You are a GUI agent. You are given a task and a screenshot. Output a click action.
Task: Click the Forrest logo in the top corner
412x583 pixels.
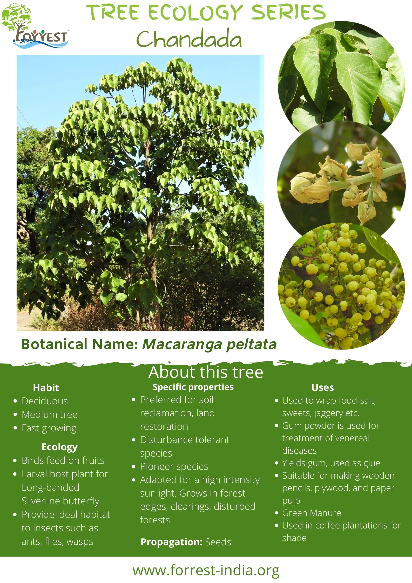(35, 25)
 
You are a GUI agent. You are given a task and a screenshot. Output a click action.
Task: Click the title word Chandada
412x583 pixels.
(189, 39)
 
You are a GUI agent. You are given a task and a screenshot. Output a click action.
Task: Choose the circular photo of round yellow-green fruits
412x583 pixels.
(341, 286)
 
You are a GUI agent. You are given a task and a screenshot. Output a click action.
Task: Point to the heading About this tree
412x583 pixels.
(206, 372)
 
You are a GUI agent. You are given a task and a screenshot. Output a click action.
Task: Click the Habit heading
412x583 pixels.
(46, 388)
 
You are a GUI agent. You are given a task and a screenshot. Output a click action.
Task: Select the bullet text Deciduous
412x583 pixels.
(45, 401)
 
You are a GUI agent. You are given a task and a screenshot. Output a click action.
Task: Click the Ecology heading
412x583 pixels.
(59, 447)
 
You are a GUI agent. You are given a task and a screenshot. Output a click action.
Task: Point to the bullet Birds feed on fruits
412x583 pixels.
(63, 460)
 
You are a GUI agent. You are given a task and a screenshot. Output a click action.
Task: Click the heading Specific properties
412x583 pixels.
(193, 387)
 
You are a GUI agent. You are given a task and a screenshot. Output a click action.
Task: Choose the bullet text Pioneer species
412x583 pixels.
(174, 467)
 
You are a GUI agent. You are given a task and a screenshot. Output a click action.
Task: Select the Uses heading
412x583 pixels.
(323, 387)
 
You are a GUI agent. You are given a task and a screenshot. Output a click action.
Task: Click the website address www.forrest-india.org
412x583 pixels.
(206, 570)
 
